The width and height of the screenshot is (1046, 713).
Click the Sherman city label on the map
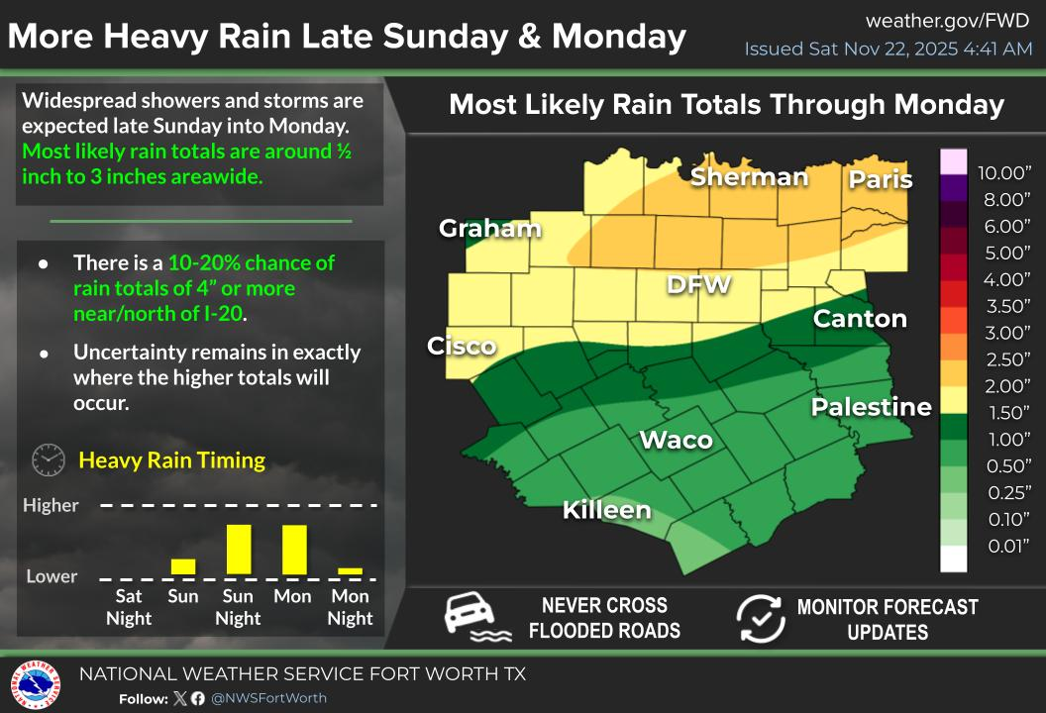click(x=749, y=177)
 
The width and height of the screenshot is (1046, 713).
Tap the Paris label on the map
click(x=880, y=179)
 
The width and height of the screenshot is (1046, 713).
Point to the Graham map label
click(x=490, y=229)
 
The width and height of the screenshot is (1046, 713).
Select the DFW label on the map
click(x=698, y=285)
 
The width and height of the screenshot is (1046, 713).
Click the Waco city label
click(x=677, y=440)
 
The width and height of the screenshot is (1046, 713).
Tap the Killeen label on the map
click(x=607, y=510)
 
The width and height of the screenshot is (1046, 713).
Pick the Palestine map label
click(x=872, y=407)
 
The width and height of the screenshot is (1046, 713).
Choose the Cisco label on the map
click(x=462, y=346)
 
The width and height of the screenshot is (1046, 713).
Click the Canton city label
click(x=860, y=319)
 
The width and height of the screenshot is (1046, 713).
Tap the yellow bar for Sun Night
click(x=239, y=549)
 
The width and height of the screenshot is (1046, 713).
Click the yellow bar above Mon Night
click(x=351, y=570)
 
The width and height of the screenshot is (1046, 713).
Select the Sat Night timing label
click(x=129, y=607)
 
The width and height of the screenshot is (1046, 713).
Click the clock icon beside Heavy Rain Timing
click(x=49, y=460)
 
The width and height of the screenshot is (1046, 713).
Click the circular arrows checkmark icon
click(x=761, y=618)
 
